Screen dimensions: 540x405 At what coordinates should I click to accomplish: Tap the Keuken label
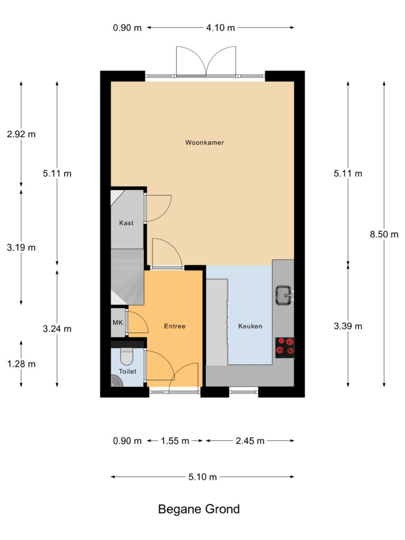(250, 326)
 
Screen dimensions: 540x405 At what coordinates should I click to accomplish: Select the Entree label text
(174, 326)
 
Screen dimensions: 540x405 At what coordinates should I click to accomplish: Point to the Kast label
(126, 223)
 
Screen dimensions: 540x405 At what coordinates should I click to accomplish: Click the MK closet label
(117, 323)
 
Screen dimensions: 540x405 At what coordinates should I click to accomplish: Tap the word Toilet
(127, 371)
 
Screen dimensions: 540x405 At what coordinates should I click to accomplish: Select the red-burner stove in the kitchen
(285, 348)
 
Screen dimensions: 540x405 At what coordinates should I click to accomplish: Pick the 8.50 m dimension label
(384, 235)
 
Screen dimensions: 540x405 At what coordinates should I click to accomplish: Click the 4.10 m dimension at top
(220, 28)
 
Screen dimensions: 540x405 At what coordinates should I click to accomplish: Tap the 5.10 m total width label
(202, 477)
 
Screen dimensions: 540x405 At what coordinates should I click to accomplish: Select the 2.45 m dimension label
(249, 441)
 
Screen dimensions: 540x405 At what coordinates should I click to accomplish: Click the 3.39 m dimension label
(348, 326)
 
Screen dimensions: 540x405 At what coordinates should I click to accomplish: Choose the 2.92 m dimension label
(21, 134)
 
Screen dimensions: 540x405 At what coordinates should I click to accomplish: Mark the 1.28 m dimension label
(21, 364)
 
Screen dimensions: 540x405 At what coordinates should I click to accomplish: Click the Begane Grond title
(199, 509)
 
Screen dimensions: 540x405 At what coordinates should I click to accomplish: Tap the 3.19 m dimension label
(21, 247)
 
